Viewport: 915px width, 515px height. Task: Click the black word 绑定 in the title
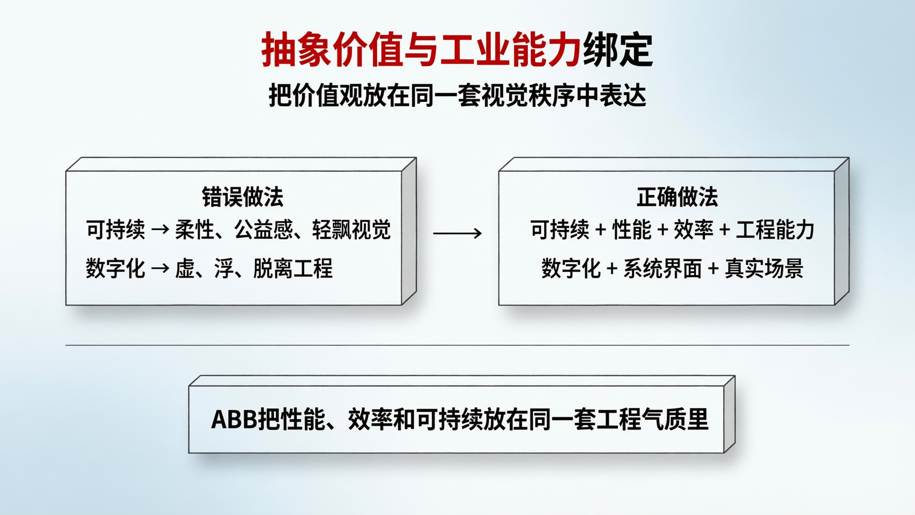(618, 50)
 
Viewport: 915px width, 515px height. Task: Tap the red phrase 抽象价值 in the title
(333, 50)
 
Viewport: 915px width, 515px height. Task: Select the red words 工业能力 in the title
(511, 50)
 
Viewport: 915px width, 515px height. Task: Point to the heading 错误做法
(243, 197)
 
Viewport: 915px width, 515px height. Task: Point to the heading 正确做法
(677, 197)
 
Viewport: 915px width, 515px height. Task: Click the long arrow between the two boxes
(457, 233)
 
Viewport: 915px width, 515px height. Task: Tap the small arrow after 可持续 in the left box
(160, 229)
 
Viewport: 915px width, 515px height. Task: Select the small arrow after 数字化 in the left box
(160, 268)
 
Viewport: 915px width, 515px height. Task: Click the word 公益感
(263, 229)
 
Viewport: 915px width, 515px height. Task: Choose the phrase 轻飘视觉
(351, 229)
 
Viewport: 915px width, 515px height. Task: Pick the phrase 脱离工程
(293, 268)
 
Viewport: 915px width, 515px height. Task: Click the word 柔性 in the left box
(194, 229)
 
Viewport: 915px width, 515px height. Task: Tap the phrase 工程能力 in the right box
(775, 229)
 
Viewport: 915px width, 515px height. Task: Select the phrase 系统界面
(662, 268)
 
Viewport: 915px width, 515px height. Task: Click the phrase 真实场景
(764, 268)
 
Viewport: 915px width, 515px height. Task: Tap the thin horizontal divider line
(457, 345)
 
